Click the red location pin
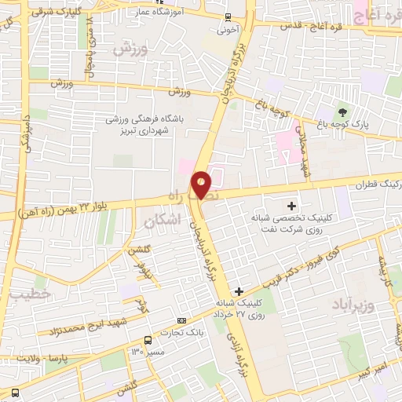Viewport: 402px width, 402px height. point(202,184)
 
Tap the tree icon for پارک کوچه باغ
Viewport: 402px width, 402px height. point(342,111)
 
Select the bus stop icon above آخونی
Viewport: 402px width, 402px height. point(228,17)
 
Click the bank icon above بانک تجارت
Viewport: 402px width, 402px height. point(182,320)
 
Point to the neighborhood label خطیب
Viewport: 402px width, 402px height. point(29,294)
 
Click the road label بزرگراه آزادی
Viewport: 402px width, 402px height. point(235,346)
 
